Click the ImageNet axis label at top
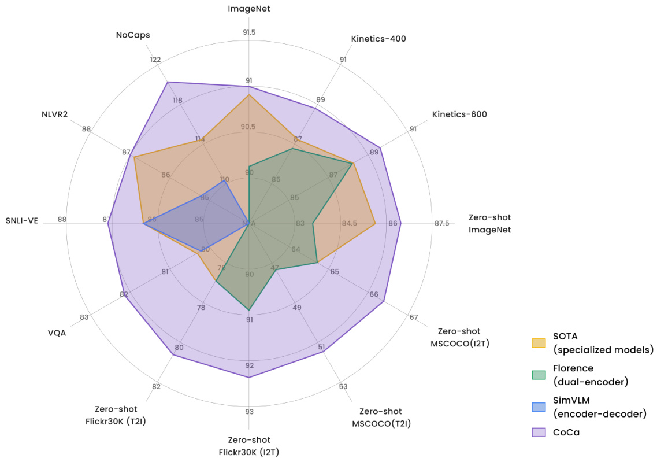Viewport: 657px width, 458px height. [248, 9]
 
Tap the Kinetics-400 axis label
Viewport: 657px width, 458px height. [378, 39]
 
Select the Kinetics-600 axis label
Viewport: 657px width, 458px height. [459, 114]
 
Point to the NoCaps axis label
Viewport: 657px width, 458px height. [133, 35]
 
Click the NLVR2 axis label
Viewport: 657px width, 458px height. [54, 114]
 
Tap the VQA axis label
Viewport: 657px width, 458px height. [56, 333]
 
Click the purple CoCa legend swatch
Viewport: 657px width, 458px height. [539, 432]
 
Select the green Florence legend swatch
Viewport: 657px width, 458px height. [539, 375]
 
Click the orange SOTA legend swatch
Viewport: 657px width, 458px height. [539, 343]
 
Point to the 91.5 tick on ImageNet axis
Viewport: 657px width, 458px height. [249, 32]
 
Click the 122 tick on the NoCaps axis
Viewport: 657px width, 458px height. [155, 60]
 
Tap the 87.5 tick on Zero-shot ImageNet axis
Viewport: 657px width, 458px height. [441, 223]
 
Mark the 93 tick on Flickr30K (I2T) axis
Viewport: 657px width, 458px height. [249, 412]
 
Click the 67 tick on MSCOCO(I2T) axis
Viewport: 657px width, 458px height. [414, 317]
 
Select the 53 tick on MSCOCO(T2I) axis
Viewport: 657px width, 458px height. [343, 386]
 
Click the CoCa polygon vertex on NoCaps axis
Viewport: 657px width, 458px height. [168, 82]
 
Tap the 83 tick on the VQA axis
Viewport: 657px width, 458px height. [84, 317]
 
